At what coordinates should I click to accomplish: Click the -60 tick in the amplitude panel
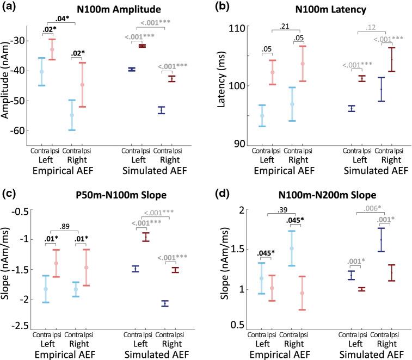[29, 131]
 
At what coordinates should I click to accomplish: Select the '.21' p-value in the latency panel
[283, 26]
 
